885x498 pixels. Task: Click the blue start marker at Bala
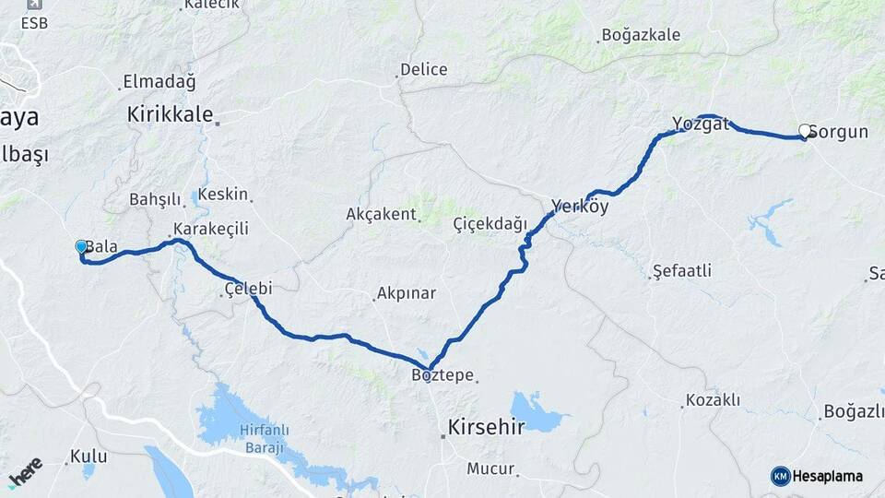pos(81,246)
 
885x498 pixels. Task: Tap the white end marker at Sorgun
pos(805,132)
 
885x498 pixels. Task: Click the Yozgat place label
pos(701,124)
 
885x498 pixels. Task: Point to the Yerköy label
pos(580,207)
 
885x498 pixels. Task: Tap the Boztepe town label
pos(442,375)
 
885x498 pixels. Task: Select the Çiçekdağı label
pos(490,224)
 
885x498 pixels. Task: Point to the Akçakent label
pos(382,214)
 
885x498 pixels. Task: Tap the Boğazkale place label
pos(641,36)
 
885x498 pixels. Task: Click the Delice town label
pos(423,69)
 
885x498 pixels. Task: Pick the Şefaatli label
pos(681,271)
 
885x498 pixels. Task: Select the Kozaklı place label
pos(712,400)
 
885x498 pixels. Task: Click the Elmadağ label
pos(159,81)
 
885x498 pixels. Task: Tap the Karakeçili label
pos(211,229)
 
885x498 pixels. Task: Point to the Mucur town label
pos(490,468)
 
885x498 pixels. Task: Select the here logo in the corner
pos(26,471)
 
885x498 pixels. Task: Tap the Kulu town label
pos(88,456)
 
